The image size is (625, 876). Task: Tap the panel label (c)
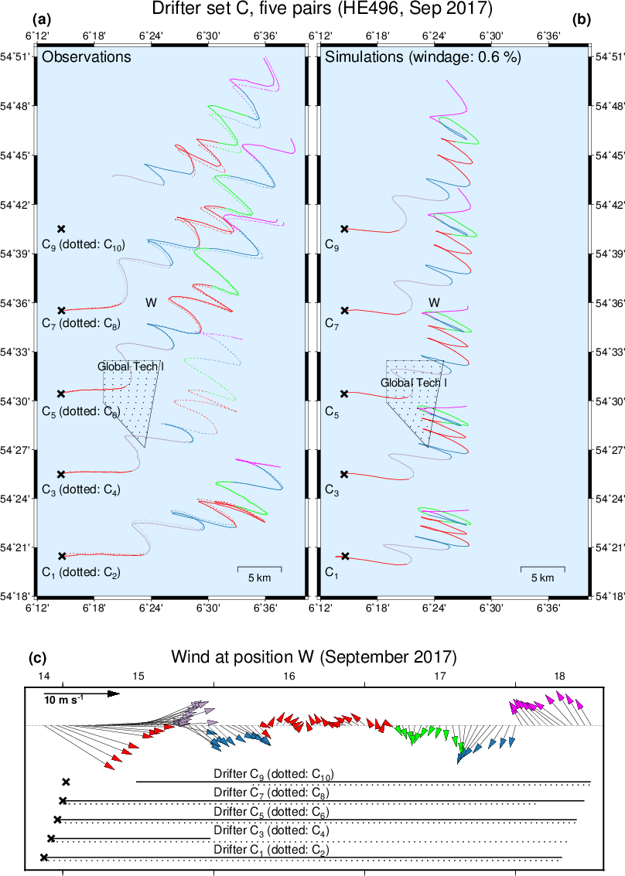37,659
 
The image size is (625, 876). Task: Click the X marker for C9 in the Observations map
62,229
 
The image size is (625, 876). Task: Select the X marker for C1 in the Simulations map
345,556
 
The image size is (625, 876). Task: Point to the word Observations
86,57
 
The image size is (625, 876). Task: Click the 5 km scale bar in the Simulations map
542,570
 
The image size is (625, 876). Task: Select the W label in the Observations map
151,303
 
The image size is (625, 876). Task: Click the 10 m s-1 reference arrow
81,694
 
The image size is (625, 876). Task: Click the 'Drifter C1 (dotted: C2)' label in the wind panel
271,850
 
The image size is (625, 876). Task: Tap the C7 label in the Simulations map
331,322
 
